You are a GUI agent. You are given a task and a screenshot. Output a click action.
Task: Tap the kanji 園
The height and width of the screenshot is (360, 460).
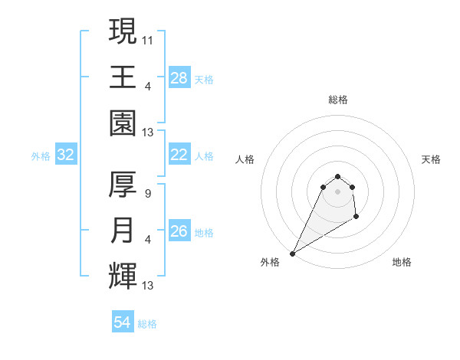[x=123, y=123]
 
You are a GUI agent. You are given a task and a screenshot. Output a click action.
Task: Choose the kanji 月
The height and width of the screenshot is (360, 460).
[x=123, y=231]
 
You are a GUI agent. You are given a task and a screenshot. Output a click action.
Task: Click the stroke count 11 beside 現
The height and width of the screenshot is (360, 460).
[x=148, y=39]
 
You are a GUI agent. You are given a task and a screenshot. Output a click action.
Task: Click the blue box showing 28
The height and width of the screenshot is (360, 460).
[x=179, y=78]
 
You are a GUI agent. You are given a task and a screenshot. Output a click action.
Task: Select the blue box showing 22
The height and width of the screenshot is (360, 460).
[x=179, y=155]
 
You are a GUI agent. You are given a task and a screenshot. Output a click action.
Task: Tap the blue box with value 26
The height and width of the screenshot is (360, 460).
[x=179, y=231]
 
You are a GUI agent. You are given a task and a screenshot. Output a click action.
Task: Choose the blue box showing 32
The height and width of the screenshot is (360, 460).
[x=66, y=155]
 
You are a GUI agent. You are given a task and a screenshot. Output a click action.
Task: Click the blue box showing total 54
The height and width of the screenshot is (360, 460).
[x=123, y=322]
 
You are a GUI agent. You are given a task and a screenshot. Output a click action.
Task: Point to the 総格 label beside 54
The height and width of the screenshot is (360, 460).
[x=148, y=324]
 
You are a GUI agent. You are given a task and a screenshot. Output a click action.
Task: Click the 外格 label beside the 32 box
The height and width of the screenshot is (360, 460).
[x=41, y=156]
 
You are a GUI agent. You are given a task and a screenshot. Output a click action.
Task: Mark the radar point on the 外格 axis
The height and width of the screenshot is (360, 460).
[x=292, y=253]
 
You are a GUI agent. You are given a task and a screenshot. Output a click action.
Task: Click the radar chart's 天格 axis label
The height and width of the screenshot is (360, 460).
[x=432, y=159]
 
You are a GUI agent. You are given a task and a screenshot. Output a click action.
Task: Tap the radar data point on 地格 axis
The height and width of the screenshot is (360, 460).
[x=356, y=218]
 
